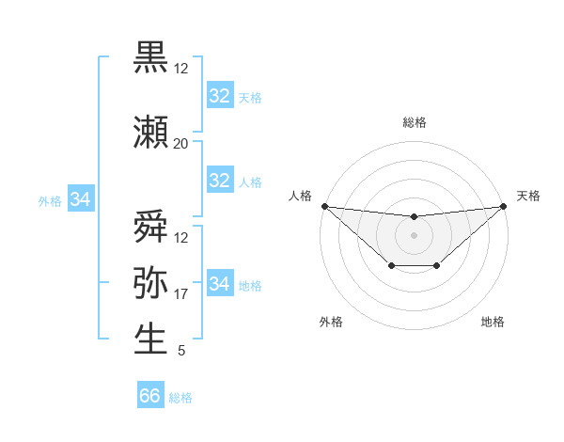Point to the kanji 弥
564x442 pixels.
[150, 282]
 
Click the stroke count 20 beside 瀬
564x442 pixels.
[180, 143]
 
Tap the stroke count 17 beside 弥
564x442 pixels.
[180, 294]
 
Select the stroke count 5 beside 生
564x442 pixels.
[180, 351]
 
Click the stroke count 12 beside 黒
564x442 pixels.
[180, 69]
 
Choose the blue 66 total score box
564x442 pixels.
[150, 396]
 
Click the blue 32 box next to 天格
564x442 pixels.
[219, 96]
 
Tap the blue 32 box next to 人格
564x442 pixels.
[219, 181]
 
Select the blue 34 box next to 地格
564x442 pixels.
[219, 283]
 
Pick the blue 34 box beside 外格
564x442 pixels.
[81, 199]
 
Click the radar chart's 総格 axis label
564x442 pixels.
[414, 122]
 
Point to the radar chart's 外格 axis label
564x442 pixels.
[331, 322]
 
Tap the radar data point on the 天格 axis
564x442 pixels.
[504, 206]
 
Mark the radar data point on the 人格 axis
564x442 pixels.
[324, 206]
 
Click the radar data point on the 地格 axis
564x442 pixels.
[437, 267]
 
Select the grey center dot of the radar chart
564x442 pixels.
[414, 235]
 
